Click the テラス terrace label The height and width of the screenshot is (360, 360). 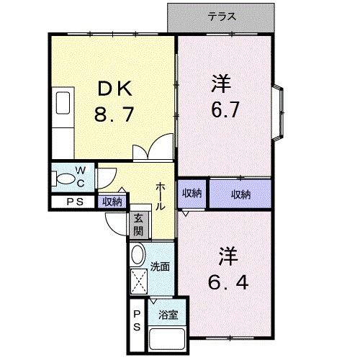[x=222, y=17]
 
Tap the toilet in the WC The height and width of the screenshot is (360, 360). [x=66, y=177]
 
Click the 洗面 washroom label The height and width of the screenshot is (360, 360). [x=160, y=267]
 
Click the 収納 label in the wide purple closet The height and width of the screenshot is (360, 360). [x=241, y=194]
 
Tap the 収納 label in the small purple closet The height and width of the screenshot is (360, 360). [x=192, y=194]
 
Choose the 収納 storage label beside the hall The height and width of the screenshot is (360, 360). [x=112, y=202]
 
